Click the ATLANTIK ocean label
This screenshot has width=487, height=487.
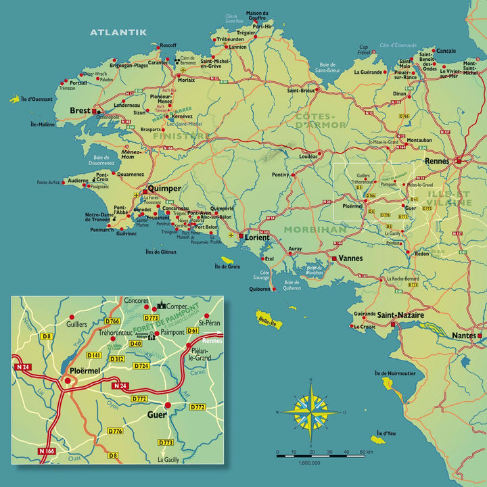(118, 32)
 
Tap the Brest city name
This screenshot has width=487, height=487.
(80, 111)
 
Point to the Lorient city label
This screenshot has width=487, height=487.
(257, 237)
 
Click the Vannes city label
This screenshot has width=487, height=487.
(351, 258)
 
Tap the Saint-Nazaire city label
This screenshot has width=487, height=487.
(400, 315)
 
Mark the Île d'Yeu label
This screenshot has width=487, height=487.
(385, 433)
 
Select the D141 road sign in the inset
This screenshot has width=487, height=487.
(95, 355)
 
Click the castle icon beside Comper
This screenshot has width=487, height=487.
(162, 306)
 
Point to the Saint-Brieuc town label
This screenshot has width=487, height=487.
(302, 90)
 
